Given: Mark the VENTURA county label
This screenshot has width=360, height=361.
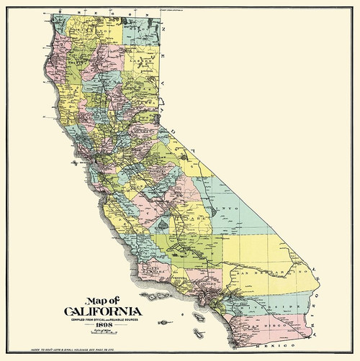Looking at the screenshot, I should click(175, 275).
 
